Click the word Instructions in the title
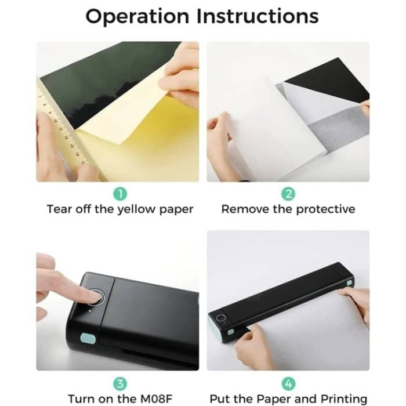click(258, 16)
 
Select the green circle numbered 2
click(288, 194)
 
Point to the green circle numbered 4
click(288, 383)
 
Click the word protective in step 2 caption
click(322, 209)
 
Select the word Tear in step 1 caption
click(59, 209)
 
